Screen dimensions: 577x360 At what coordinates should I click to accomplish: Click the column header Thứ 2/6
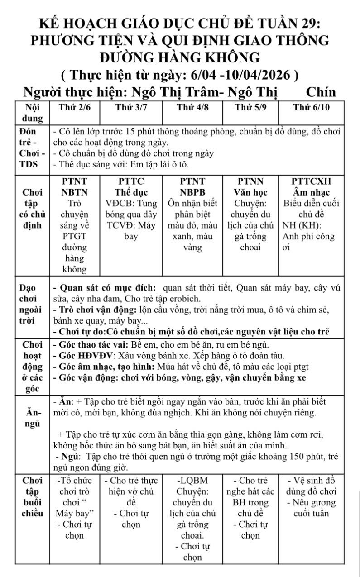coord(75,108)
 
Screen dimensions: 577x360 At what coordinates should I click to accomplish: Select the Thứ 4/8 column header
coord(192,108)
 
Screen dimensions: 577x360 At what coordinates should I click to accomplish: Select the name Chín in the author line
coord(320,92)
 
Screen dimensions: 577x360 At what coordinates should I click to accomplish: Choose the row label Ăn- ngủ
coord(32,418)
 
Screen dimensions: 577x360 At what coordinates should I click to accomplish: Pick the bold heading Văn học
coord(250,191)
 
